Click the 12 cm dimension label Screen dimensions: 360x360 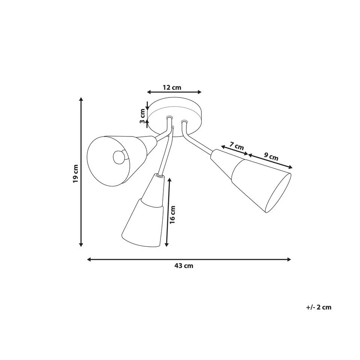[172, 87]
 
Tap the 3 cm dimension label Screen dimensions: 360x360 [142, 116]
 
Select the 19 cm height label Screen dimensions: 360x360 [75, 174]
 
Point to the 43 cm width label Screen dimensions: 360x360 [184, 266]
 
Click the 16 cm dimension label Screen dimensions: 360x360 [172, 214]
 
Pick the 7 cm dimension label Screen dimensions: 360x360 [237, 146]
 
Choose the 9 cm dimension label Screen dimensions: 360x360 [271, 157]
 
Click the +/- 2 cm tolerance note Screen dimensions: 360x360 [319, 307]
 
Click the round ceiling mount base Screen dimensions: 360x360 [174, 117]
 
